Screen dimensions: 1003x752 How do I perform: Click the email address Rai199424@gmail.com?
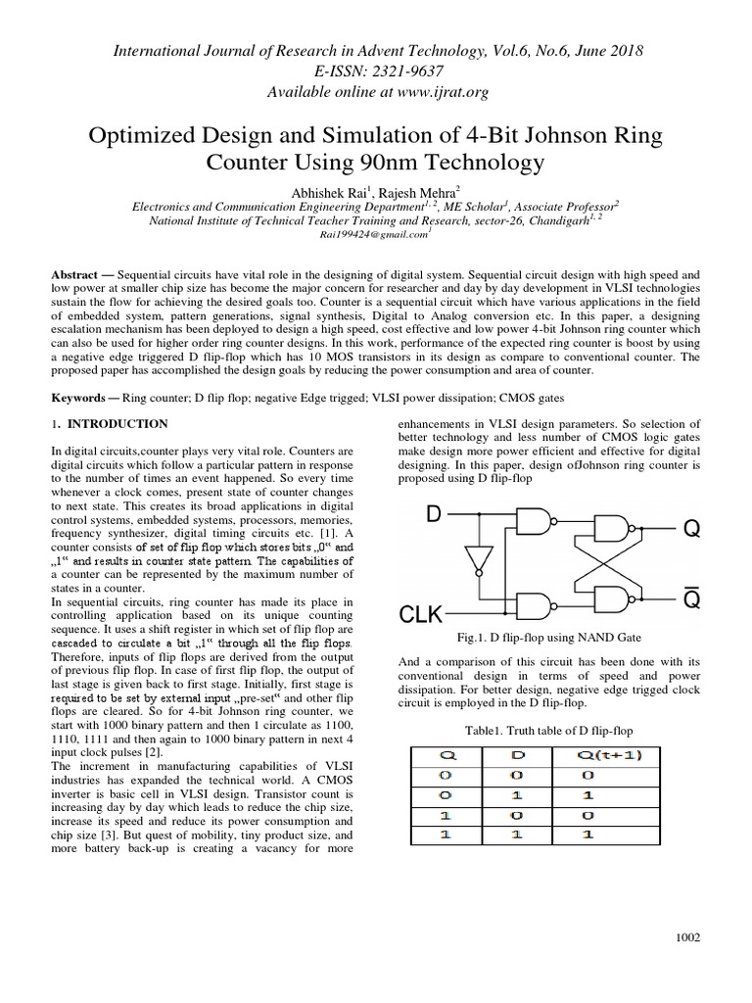click(x=374, y=234)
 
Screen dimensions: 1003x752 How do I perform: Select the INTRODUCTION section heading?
click(x=116, y=424)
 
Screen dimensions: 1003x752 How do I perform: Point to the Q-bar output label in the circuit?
click(x=691, y=599)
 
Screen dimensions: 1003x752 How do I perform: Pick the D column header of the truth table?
click(x=519, y=755)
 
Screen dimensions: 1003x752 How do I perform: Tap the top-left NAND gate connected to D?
click(x=535, y=521)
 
